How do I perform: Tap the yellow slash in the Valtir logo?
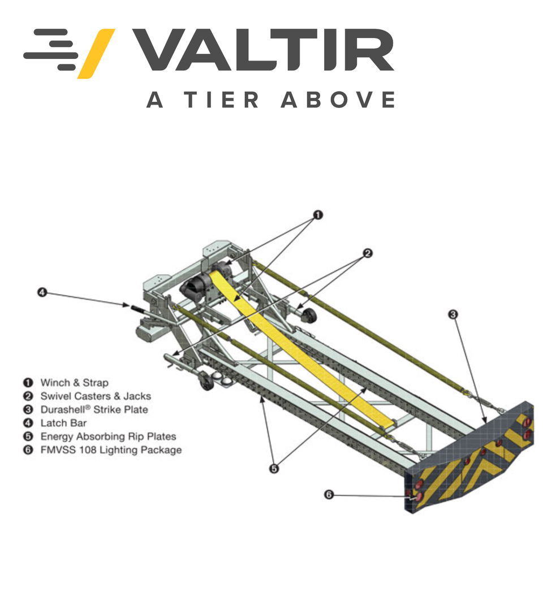[96, 53]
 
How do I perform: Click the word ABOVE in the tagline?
[338, 100]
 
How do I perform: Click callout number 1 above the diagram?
[318, 215]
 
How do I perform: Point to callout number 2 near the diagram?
[367, 253]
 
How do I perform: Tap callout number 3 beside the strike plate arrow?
[453, 314]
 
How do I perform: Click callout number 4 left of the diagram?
[41, 292]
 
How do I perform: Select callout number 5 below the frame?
[274, 469]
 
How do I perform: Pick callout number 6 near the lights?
[329, 495]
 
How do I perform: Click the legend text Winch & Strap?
[74, 383]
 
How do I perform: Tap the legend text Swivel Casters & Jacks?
[95, 396]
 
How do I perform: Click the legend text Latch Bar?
[63, 423]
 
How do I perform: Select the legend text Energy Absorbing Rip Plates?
[107, 436]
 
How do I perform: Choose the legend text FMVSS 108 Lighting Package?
[111, 450]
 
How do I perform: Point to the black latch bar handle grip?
[138, 308]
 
